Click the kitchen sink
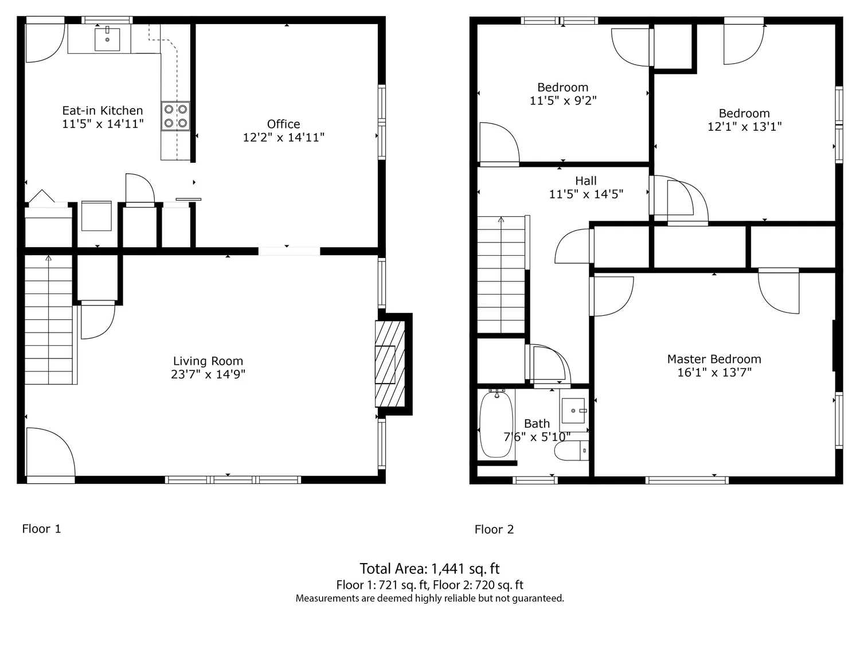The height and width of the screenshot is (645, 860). tap(107, 39)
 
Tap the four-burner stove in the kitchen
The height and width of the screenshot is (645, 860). tap(175, 116)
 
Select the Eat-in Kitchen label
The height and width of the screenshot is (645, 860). tap(103, 111)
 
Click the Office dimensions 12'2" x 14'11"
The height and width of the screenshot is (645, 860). tap(283, 138)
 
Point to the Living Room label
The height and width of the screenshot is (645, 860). tap(208, 361)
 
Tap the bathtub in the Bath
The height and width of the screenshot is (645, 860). tap(496, 424)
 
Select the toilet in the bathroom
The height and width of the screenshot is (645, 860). tap(572, 451)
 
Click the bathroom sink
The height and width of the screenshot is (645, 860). tap(573, 411)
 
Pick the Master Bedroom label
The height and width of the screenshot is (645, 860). tap(714, 359)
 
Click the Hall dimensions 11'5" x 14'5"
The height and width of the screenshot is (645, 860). tap(585, 194)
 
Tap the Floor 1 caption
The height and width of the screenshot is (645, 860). tap(41, 529)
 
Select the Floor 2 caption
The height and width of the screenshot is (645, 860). tap(494, 529)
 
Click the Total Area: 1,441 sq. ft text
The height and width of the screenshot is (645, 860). tap(429, 569)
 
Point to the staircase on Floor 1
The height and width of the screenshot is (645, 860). tap(49, 321)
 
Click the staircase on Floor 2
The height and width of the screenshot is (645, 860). tap(501, 275)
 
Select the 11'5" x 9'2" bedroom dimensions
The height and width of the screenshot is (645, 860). tap(562, 101)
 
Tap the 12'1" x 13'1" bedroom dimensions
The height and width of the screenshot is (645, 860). tap(744, 127)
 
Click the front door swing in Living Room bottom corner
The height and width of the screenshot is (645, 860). tap(49, 453)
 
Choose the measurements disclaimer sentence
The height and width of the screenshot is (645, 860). tap(429, 599)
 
